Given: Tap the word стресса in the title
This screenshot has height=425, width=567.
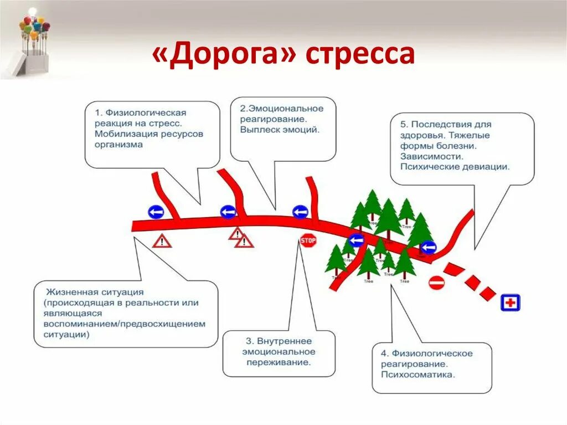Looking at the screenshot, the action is pyautogui.click(x=359, y=55).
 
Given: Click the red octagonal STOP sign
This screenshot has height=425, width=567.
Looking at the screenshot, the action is pyautogui.click(x=308, y=240).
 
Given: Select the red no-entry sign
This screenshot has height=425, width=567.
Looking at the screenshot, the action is pyautogui.click(x=436, y=283).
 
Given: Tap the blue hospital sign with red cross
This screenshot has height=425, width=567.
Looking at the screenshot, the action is pyautogui.click(x=511, y=303).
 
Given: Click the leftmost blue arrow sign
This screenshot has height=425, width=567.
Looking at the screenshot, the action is pyautogui.click(x=156, y=212).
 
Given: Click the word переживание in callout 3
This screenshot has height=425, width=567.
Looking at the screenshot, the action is pyautogui.click(x=276, y=362).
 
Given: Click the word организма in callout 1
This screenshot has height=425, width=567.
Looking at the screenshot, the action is pyautogui.click(x=118, y=145).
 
